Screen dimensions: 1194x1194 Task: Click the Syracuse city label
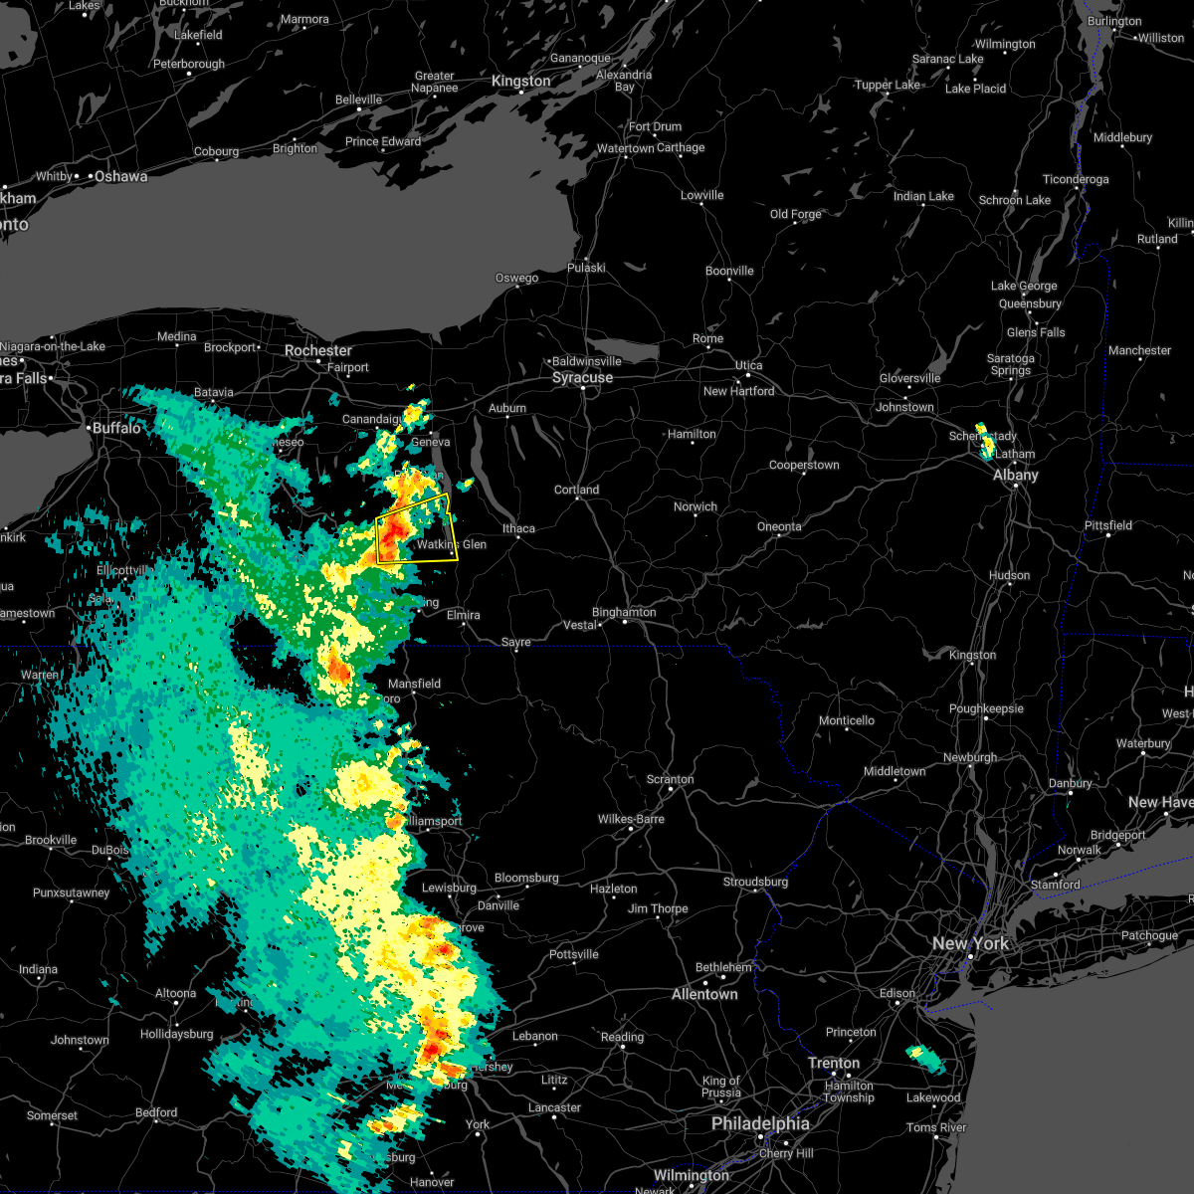coord(583,378)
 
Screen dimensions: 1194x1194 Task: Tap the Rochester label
coord(318,351)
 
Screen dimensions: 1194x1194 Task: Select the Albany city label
coord(1015,476)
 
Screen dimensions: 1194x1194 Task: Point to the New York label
coord(970,943)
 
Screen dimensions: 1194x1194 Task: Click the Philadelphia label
coord(760,1123)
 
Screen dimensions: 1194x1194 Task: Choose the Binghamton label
coord(624,613)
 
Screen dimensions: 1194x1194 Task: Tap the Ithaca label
coord(518,528)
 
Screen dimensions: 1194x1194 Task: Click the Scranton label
coord(670,779)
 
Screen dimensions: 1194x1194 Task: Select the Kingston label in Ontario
coord(520,82)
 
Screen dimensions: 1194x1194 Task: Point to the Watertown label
coord(626,149)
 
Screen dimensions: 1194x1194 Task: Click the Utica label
coord(748,365)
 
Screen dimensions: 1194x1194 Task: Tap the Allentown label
coord(704,994)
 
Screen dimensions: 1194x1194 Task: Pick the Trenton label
coord(834,1063)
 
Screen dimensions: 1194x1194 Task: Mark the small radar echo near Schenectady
coord(985,442)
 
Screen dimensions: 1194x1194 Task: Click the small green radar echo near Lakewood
coord(927,1060)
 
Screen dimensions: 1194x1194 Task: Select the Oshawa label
coord(120,177)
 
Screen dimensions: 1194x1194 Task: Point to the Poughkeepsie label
coord(986,709)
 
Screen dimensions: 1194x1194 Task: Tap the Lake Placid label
coord(975,89)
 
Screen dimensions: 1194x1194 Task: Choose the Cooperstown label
coord(804,466)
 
